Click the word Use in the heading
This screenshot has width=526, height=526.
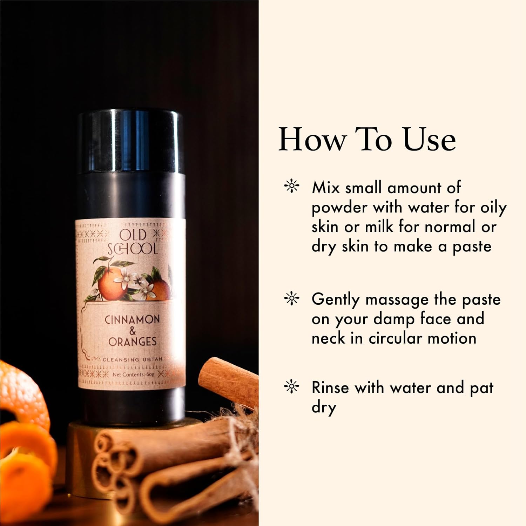coord(429,139)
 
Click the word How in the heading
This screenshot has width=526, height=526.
coord(312,139)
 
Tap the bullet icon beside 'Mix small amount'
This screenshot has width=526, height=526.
coord(291,187)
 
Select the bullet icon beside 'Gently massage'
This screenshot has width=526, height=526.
coord(291,298)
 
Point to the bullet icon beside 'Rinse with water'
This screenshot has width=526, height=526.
coord(291,387)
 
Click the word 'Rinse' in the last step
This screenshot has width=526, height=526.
coord(330,387)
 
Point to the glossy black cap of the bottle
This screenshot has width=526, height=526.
coord(131,142)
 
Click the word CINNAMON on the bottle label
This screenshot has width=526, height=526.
coord(132,319)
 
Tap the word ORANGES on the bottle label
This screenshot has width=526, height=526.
coord(132,341)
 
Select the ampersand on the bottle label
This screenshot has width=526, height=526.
coord(132,330)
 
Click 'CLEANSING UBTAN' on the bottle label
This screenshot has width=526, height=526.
coord(133,359)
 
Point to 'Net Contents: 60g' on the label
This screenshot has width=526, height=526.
coord(134,375)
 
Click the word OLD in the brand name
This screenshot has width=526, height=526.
coord(133,236)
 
